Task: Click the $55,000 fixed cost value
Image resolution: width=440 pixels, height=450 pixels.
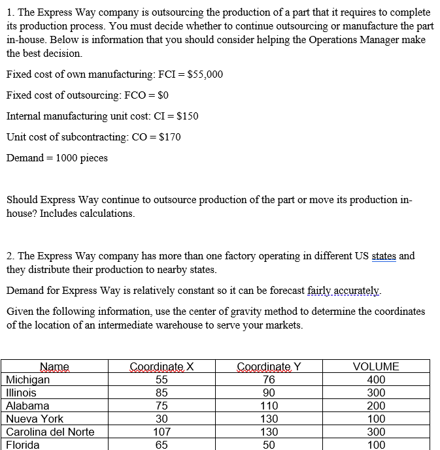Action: tap(205, 74)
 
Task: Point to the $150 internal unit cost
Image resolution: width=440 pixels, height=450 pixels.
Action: tap(186, 116)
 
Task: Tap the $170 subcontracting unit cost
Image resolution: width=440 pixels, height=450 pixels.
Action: tap(168, 137)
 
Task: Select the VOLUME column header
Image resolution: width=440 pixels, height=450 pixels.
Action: tap(375, 367)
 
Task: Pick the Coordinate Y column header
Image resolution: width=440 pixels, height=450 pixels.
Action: tap(268, 367)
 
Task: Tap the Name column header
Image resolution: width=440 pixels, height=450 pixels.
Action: tap(55, 367)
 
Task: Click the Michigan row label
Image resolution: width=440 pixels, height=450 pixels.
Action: tap(27, 380)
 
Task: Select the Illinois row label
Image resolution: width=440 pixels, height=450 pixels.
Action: tap(21, 393)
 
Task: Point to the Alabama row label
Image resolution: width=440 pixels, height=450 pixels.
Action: tap(27, 406)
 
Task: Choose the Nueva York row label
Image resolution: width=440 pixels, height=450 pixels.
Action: tap(35, 419)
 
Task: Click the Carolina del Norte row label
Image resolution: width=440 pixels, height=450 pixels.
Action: tap(50, 432)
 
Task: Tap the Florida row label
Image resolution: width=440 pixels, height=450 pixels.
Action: tap(23, 445)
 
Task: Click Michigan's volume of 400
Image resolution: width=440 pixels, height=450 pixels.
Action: tap(376, 380)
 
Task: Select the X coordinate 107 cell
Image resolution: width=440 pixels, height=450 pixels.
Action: tap(161, 432)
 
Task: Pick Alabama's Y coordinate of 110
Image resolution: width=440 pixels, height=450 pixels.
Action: tap(269, 406)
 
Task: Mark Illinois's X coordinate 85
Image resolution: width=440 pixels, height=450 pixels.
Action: tap(161, 393)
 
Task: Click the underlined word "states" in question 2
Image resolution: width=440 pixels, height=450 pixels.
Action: tap(384, 256)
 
